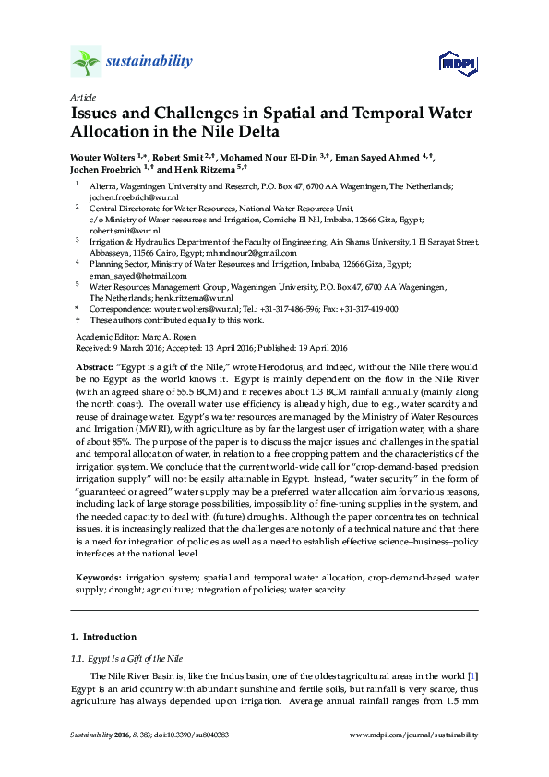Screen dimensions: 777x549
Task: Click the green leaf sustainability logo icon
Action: tap(86, 62)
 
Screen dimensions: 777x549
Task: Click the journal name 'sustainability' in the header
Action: tap(151, 62)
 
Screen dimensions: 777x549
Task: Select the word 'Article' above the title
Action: tap(82, 97)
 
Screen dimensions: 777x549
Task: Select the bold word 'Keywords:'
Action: tap(99, 577)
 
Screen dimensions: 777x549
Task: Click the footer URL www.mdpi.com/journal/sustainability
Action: tap(415, 735)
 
